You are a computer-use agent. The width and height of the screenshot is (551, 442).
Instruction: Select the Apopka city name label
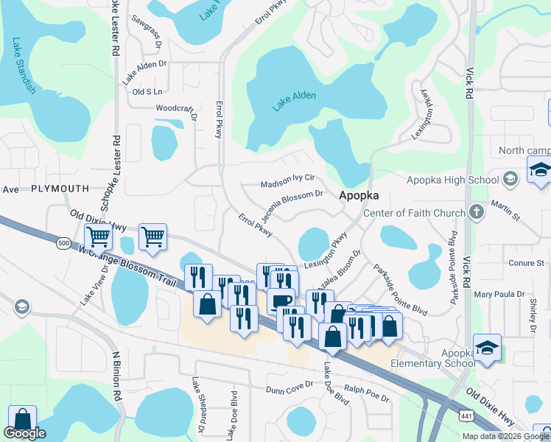pyautogui.click(x=359, y=196)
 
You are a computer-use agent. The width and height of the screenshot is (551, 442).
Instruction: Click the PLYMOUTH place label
pyautogui.click(x=60, y=189)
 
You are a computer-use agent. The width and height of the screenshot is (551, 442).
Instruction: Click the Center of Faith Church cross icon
pyautogui.click(x=477, y=213)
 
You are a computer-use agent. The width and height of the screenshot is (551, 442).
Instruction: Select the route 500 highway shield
pyautogui.click(x=64, y=242)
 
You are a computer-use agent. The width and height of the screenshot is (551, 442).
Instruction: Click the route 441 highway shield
pyautogui.click(x=466, y=415)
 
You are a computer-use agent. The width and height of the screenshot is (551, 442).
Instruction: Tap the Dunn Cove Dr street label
pyautogui.click(x=289, y=388)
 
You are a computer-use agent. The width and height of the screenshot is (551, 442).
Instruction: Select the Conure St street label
pyautogui.click(x=526, y=263)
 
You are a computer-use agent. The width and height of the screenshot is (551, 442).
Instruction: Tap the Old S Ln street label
pyautogui.click(x=147, y=92)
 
